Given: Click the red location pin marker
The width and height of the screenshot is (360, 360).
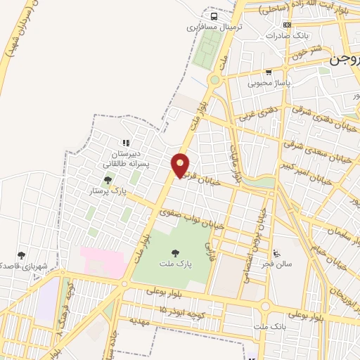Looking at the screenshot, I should coord(181,165).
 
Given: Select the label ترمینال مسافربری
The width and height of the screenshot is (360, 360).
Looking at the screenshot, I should coord(209,28).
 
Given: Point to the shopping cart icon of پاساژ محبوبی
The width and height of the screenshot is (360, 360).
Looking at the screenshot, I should coord(269,72).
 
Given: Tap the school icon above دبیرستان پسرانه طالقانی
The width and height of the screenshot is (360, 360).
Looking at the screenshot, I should coord(126,143).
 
